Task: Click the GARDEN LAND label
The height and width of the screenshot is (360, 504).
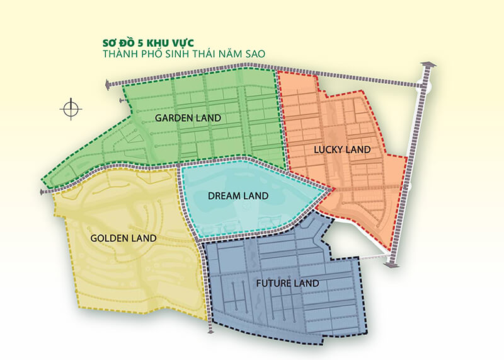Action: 188,117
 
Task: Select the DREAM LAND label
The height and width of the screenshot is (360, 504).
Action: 238,196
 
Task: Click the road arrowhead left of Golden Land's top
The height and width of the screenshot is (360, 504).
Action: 43,190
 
